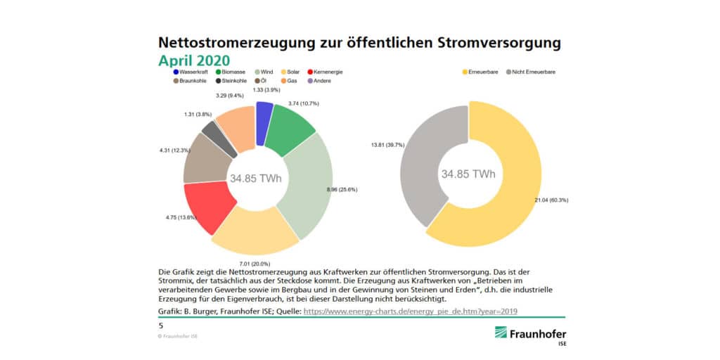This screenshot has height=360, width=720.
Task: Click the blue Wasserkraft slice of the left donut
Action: tap(264, 122)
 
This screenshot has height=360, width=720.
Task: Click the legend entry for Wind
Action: tap(264, 72)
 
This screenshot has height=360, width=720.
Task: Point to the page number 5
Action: tap(161, 326)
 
